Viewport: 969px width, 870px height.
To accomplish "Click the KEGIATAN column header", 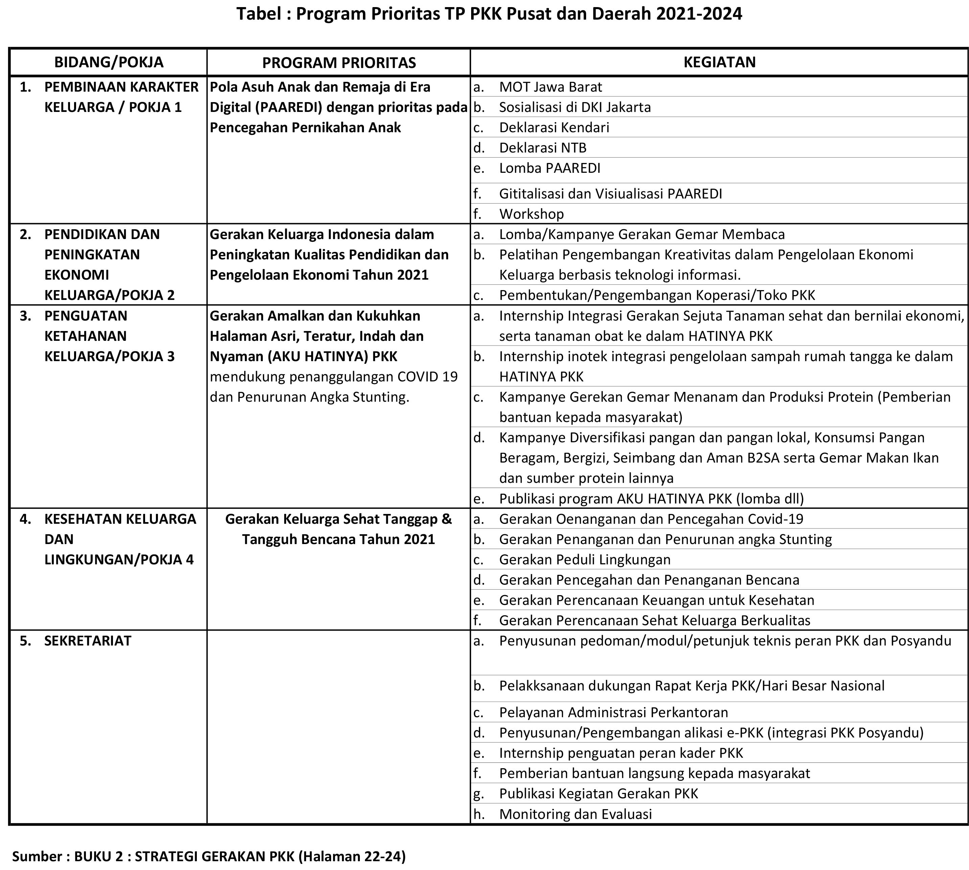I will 719,62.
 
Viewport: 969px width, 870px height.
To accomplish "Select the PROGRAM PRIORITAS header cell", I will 339,63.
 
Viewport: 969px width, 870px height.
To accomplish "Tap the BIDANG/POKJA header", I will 109,62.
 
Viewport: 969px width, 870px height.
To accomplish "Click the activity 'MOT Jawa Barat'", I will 550,87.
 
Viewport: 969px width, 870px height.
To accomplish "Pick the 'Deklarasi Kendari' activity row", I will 554,127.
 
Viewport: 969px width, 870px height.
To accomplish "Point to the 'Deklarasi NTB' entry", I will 543,148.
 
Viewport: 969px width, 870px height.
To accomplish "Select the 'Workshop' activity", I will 531,214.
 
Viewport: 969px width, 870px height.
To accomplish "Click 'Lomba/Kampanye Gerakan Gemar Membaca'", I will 642,234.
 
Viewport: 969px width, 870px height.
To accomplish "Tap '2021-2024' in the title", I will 699,14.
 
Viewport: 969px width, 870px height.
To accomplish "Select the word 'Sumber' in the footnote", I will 36,856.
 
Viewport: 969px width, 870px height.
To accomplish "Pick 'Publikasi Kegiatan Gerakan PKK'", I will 599,794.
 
